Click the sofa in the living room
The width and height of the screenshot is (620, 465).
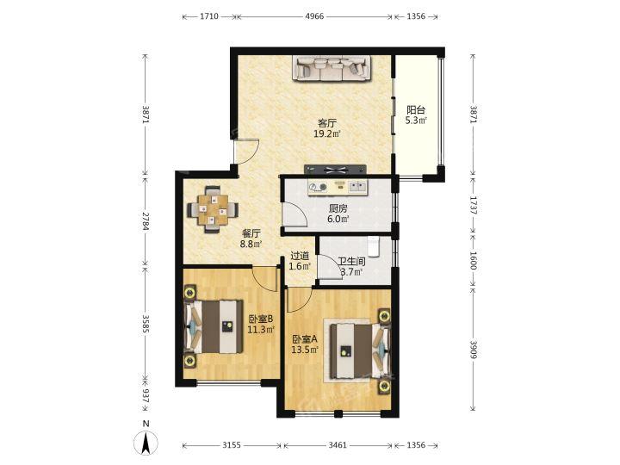pos(332,68)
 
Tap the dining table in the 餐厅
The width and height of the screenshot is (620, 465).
pos(214,209)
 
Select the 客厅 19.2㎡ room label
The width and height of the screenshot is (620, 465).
pos(327,128)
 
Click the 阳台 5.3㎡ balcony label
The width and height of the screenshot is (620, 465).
pos(416,115)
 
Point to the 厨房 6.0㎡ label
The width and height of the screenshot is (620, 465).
pos(338,214)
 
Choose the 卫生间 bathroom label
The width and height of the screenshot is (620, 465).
pos(351,262)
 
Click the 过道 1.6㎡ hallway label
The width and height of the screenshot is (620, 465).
pos(300,261)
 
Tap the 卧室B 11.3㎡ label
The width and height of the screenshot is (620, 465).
pos(262,325)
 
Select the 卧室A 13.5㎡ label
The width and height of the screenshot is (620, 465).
pos(305,344)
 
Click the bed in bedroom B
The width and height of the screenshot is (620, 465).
pos(214,326)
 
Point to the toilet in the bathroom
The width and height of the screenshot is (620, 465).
pos(373,246)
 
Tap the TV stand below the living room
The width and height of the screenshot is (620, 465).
pos(335,170)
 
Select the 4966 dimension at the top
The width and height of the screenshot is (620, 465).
pos(315,16)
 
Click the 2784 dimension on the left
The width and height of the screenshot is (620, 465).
pos(146,221)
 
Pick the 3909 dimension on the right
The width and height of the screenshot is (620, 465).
pos(473,349)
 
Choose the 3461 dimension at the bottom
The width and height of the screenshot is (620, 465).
pos(338,445)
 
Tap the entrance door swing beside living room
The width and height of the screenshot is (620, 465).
pos(247,151)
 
